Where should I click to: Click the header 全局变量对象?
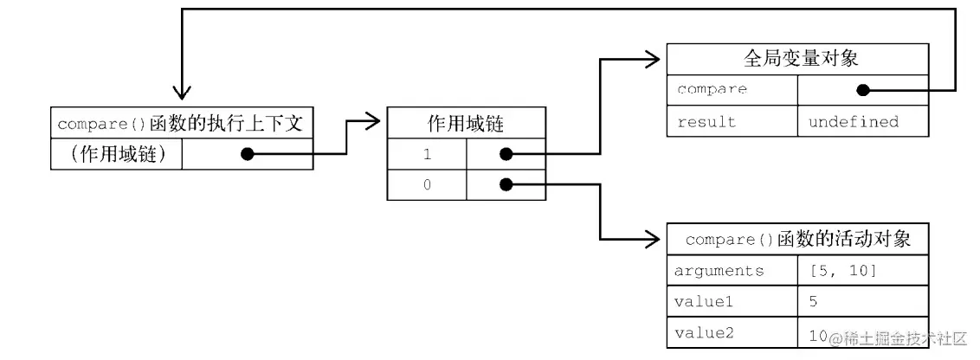coord(797,58)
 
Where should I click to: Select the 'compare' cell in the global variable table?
coord(732,89)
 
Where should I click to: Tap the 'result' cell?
coord(732,122)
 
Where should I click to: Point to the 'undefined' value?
coord(853,122)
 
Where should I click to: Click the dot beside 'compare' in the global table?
coord(862,90)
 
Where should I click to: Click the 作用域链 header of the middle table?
coord(466,123)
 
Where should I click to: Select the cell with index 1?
coord(427,154)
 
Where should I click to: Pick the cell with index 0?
coord(427,184)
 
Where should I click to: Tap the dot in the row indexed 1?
coord(506,154)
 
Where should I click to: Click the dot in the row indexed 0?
coord(506,184)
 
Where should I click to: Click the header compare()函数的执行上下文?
coord(181,123)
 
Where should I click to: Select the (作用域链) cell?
coord(117,154)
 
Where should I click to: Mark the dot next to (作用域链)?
coord(247,154)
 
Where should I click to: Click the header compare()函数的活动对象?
coord(797,239)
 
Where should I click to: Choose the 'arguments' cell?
coord(732,271)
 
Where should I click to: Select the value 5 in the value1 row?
coord(813,302)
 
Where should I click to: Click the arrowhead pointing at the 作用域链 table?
coord(372,121)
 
